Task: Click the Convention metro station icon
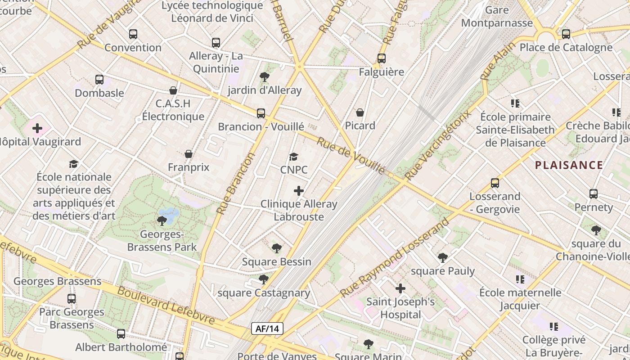pyautogui.click(x=133, y=34)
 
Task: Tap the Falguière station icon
pyautogui.click(x=382, y=58)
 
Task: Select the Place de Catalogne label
pyautogui.click(x=566, y=47)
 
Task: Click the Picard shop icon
pyautogui.click(x=360, y=112)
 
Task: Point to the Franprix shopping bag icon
pyautogui.click(x=189, y=154)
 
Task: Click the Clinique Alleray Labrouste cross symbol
pyautogui.click(x=299, y=191)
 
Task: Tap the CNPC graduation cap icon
pyautogui.click(x=294, y=157)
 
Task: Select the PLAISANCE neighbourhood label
pyautogui.click(x=569, y=165)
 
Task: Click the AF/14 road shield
pyautogui.click(x=267, y=328)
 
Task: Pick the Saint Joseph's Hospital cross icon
pyautogui.click(x=400, y=288)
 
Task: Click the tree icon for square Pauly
pyautogui.click(x=443, y=257)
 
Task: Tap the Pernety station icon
pyautogui.click(x=594, y=194)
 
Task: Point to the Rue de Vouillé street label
pyautogui.click(x=351, y=155)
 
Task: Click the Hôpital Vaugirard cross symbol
pyautogui.click(x=37, y=129)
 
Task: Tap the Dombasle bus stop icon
pyautogui.click(x=99, y=80)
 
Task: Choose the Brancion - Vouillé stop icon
pyautogui.click(x=261, y=113)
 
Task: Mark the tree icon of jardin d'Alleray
pyautogui.click(x=265, y=77)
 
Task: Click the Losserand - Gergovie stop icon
pyautogui.click(x=495, y=183)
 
